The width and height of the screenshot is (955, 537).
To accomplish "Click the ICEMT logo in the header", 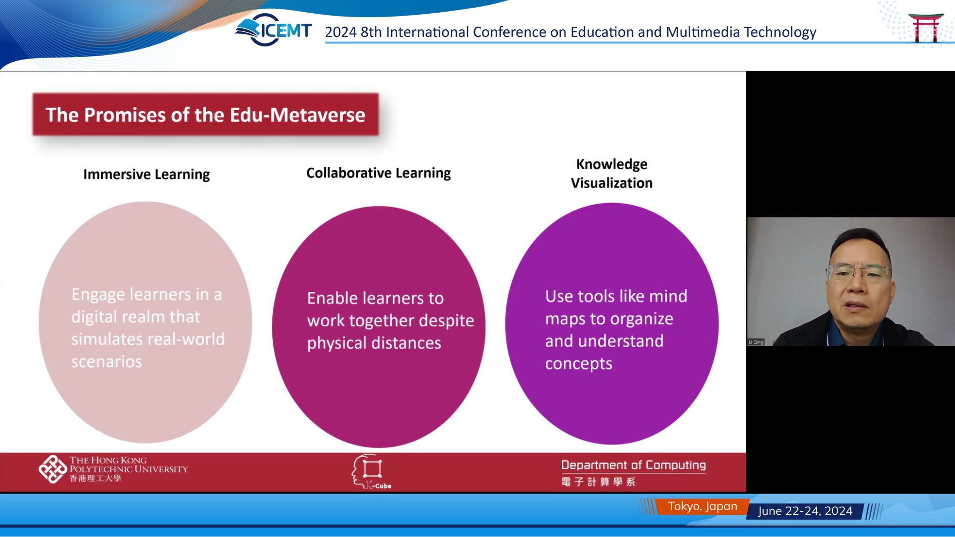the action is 273,30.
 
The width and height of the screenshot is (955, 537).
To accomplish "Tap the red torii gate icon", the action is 926,28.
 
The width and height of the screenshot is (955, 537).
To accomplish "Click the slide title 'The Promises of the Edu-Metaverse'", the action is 205,115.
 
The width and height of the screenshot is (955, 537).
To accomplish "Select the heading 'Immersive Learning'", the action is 147,174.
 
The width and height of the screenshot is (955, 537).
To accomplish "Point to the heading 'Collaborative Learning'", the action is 378,173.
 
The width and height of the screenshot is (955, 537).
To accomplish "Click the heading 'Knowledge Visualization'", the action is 612,173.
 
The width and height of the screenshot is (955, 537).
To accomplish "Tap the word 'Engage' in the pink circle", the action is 98,295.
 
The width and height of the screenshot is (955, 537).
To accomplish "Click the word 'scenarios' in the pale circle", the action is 107,361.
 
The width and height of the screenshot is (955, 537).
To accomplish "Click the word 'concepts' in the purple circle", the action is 579,364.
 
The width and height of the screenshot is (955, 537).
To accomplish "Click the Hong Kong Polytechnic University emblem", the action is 53,469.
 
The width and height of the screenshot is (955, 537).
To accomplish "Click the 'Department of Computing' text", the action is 634,465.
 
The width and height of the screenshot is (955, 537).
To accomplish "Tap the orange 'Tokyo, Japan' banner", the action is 702,507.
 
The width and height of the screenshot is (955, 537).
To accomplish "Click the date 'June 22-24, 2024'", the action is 805,511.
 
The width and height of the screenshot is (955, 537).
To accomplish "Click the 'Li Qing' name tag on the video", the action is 756,342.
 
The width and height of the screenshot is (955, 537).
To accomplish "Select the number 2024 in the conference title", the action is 341,32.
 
